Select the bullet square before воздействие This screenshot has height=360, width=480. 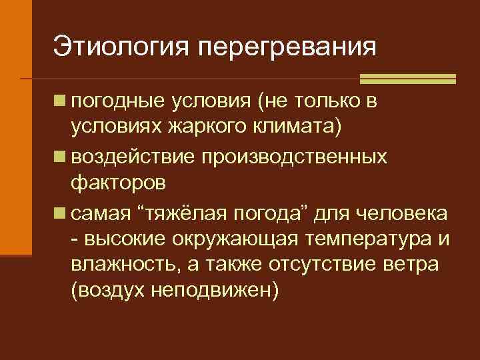(x=60, y=157)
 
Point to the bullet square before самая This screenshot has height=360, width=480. (x=60, y=213)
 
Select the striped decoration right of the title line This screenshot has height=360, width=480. (x=407, y=79)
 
